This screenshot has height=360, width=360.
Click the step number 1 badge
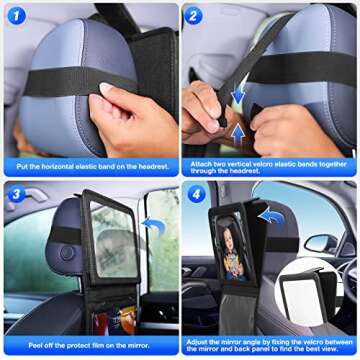[14, 15]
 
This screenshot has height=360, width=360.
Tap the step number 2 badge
[195, 16]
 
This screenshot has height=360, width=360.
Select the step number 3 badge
[14, 192]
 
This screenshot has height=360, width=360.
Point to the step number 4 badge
[195, 193]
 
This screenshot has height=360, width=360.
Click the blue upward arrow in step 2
[237, 130]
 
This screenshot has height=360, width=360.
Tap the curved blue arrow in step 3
[151, 226]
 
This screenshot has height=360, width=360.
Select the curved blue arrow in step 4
[270, 213]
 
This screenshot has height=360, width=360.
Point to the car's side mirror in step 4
[319, 243]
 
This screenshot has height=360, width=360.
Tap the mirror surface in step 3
[113, 240]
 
